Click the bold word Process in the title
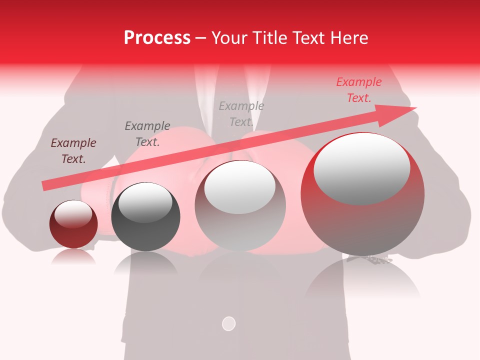coord(157,38)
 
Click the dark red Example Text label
coord(73,151)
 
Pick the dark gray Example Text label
coord(147,134)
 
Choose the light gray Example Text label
coord(241,114)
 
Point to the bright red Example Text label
coord(359,90)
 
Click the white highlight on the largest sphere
coord(362,169)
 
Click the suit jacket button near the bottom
coord(228,323)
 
